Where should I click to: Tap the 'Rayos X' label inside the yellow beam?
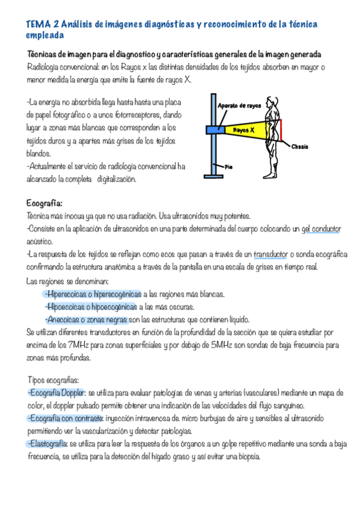243,129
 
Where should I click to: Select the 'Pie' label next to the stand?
228,166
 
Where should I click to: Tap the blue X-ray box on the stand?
213,129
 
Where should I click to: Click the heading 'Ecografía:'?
44,202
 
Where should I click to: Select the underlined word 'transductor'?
287,254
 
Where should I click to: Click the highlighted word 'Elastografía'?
47,444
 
